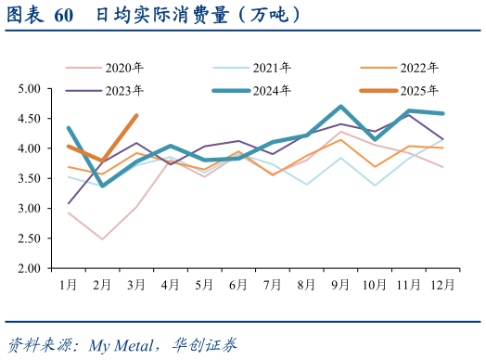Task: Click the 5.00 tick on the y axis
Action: click(x=30, y=89)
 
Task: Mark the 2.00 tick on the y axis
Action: click(x=30, y=268)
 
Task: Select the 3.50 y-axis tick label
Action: click(x=30, y=179)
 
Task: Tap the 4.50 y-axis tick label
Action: click(x=30, y=119)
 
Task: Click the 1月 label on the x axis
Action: click(x=69, y=282)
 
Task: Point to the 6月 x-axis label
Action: click(x=238, y=282)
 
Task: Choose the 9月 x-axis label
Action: click(x=340, y=282)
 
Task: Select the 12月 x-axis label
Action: click(x=443, y=282)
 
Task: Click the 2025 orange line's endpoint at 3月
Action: click(x=136, y=116)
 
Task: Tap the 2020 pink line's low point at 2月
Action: click(x=103, y=239)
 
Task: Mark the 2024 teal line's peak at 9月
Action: click(x=341, y=107)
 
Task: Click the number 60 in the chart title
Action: click(x=64, y=16)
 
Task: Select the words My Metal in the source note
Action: click(x=121, y=345)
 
